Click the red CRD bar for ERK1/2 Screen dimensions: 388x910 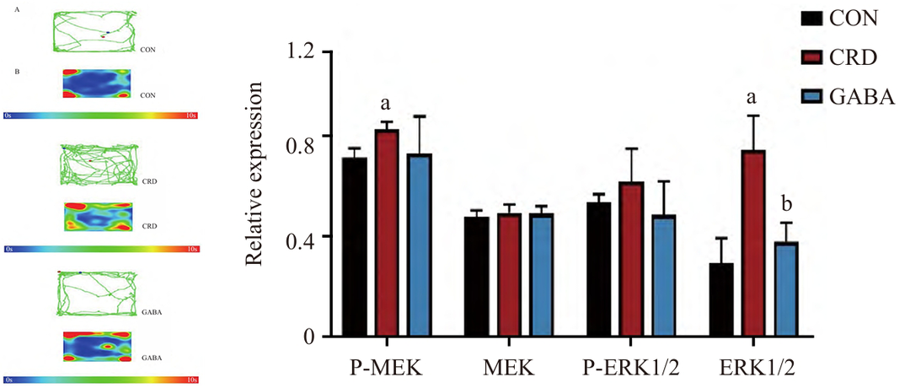754,245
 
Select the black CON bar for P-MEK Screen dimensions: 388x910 355,248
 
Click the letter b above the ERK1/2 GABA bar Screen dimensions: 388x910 786,204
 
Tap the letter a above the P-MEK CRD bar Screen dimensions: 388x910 386,105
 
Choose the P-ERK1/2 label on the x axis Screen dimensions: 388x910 632,368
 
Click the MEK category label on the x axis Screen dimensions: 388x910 509,368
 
